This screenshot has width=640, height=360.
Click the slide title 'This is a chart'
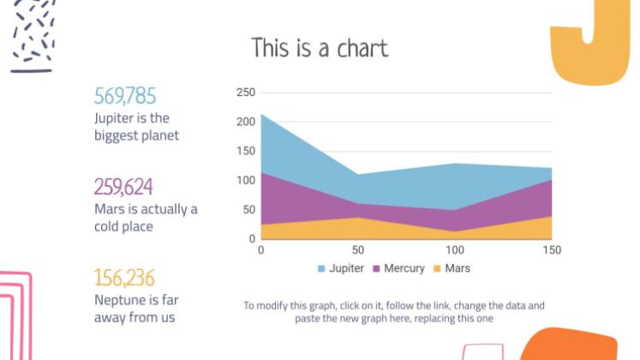click(x=320, y=48)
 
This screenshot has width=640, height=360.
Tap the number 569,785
click(x=125, y=96)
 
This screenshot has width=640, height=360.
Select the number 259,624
click(x=123, y=187)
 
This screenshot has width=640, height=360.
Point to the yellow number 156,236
click(x=124, y=278)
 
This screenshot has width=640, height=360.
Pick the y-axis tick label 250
click(x=246, y=93)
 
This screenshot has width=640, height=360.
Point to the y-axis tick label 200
click(x=246, y=122)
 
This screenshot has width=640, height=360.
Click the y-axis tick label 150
click(x=246, y=151)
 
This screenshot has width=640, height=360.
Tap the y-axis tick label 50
click(x=249, y=209)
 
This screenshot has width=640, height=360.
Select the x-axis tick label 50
click(x=358, y=250)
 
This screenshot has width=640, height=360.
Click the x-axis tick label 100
click(x=455, y=250)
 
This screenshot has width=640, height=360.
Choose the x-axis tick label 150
click(x=552, y=250)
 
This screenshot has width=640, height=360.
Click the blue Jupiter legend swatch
click(x=322, y=269)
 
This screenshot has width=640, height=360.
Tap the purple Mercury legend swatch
click(x=376, y=269)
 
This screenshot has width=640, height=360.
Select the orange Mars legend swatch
click(x=437, y=269)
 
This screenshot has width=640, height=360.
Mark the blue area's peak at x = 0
click(x=261, y=115)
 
